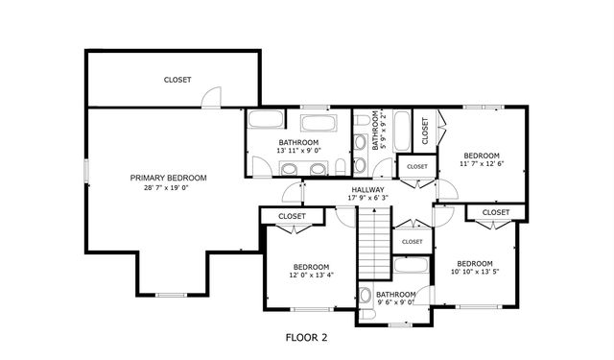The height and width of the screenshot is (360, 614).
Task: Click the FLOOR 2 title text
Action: click(x=307, y=337)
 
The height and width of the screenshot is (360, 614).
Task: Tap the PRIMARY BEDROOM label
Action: click(x=169, y=178)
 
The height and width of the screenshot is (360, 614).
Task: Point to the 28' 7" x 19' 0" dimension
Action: click(x=169, y=188)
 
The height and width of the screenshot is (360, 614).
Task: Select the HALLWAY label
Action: click(x=367, y=190)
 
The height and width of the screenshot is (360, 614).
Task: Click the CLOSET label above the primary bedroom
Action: click(x=177, y=80)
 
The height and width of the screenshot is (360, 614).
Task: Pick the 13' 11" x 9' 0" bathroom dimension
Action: click(x=298, y=151)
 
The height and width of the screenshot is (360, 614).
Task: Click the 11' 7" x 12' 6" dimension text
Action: click(x=482, y=165)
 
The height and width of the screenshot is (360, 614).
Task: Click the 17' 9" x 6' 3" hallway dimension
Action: click(x=367, y=200)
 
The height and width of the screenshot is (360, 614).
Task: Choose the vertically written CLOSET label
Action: click(x=425, y=131)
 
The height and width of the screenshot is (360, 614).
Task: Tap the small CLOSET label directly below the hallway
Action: click(x=413, y=242)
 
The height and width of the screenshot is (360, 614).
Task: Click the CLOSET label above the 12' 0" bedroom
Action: click(x=292, y=217)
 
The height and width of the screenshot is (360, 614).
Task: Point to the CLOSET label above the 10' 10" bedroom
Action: click(x=496, y=212)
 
